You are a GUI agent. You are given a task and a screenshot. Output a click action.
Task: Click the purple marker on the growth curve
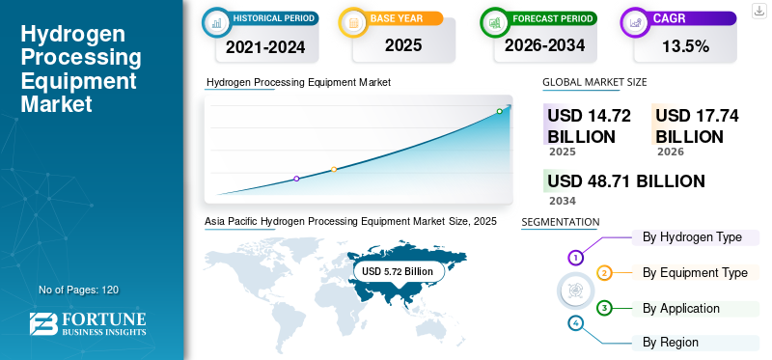click(296, 179)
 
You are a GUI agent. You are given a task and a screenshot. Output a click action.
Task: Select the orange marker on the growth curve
click(334, 170)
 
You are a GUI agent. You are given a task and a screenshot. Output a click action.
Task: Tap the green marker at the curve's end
click(499, 111)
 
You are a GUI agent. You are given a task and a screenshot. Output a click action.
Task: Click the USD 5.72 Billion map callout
click(398, 272)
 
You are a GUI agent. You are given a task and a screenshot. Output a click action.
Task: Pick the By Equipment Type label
click(695, 273)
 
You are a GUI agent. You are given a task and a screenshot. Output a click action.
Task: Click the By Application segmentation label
click(681, 308)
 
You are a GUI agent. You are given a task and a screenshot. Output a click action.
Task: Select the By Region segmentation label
click(671, 342)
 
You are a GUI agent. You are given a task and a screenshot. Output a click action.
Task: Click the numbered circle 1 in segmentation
click(576, 258)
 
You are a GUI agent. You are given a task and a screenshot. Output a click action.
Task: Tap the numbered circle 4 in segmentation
click(576, 323)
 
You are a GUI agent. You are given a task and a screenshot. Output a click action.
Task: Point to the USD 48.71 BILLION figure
click(625, 181)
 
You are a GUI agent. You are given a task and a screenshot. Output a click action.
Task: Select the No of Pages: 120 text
click(78, 290)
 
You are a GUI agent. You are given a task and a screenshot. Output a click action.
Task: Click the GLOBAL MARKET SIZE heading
click(594, 83)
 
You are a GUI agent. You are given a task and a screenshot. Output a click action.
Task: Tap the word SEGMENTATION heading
click(560, 222)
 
